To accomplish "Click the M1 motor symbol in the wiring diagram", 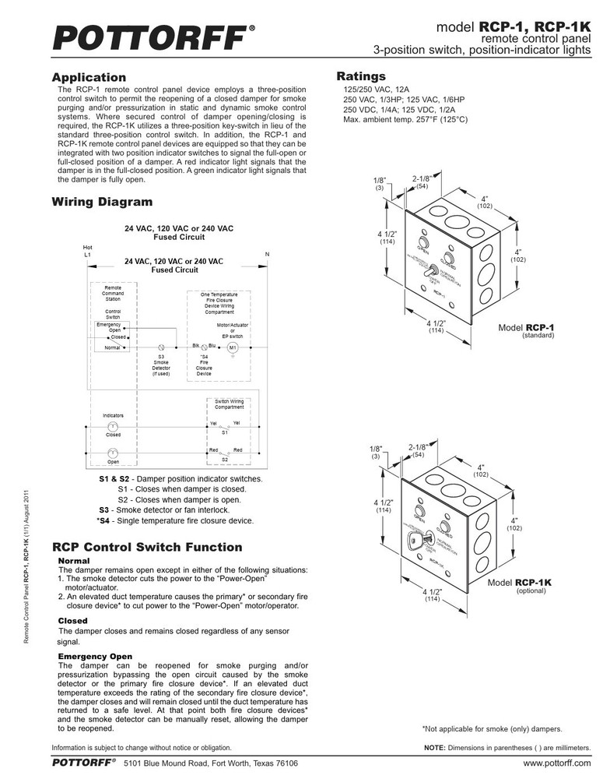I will coord(231,347).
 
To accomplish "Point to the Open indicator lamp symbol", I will coord(112,452).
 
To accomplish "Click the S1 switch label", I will coord(224,432).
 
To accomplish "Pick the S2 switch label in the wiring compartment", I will coord(224,460).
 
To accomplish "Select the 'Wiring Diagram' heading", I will coord(102,203).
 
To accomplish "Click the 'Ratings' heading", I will coord(360,76).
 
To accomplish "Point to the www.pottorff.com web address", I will coord(557,763).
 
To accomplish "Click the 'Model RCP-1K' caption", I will coord(521,583).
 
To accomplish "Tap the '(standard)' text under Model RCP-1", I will coord(538,335).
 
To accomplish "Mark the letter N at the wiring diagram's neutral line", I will coord(267,255).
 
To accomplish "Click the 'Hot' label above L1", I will coord(87,247).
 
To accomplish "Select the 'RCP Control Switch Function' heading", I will coord(147,548).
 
